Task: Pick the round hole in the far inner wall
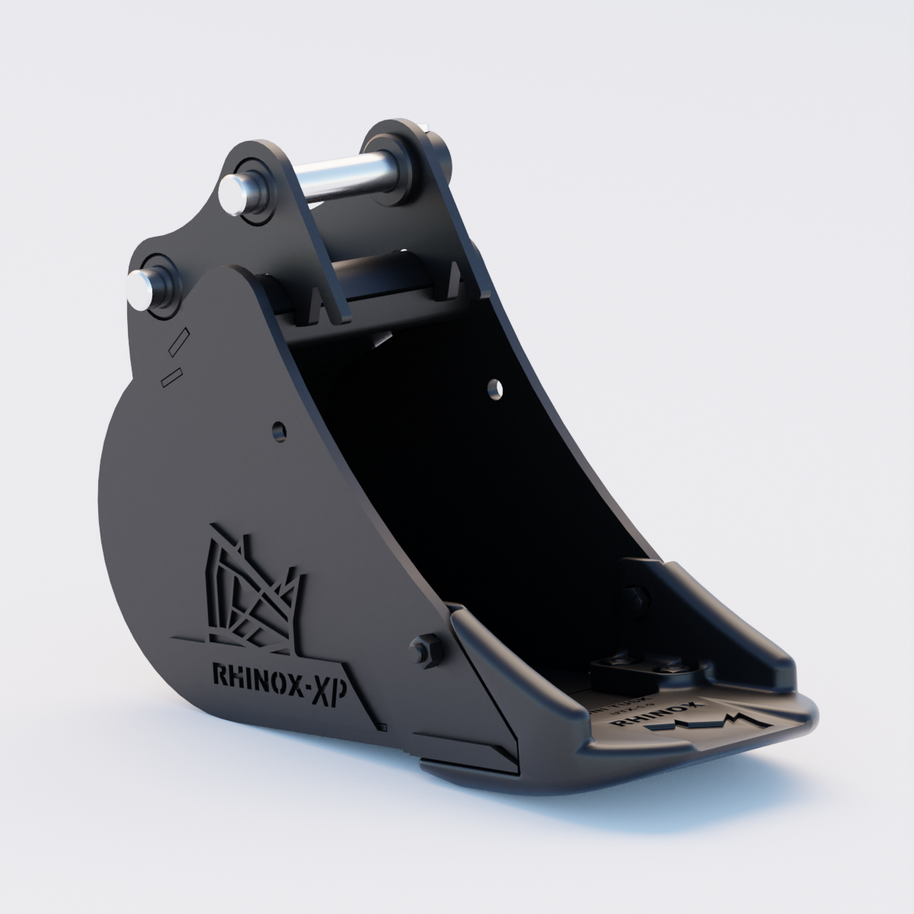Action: click(497, 388)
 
